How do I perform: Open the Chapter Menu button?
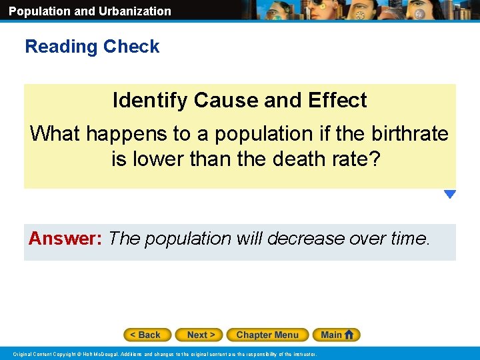click(x=267, y=335)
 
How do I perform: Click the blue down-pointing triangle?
click(x=450, y=195)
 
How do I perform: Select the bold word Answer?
click(x=65, y=238)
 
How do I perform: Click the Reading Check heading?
click(x=92, y=47)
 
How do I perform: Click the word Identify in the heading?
click(x=151, y=100)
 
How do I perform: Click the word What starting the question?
click(x=55, y=133)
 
